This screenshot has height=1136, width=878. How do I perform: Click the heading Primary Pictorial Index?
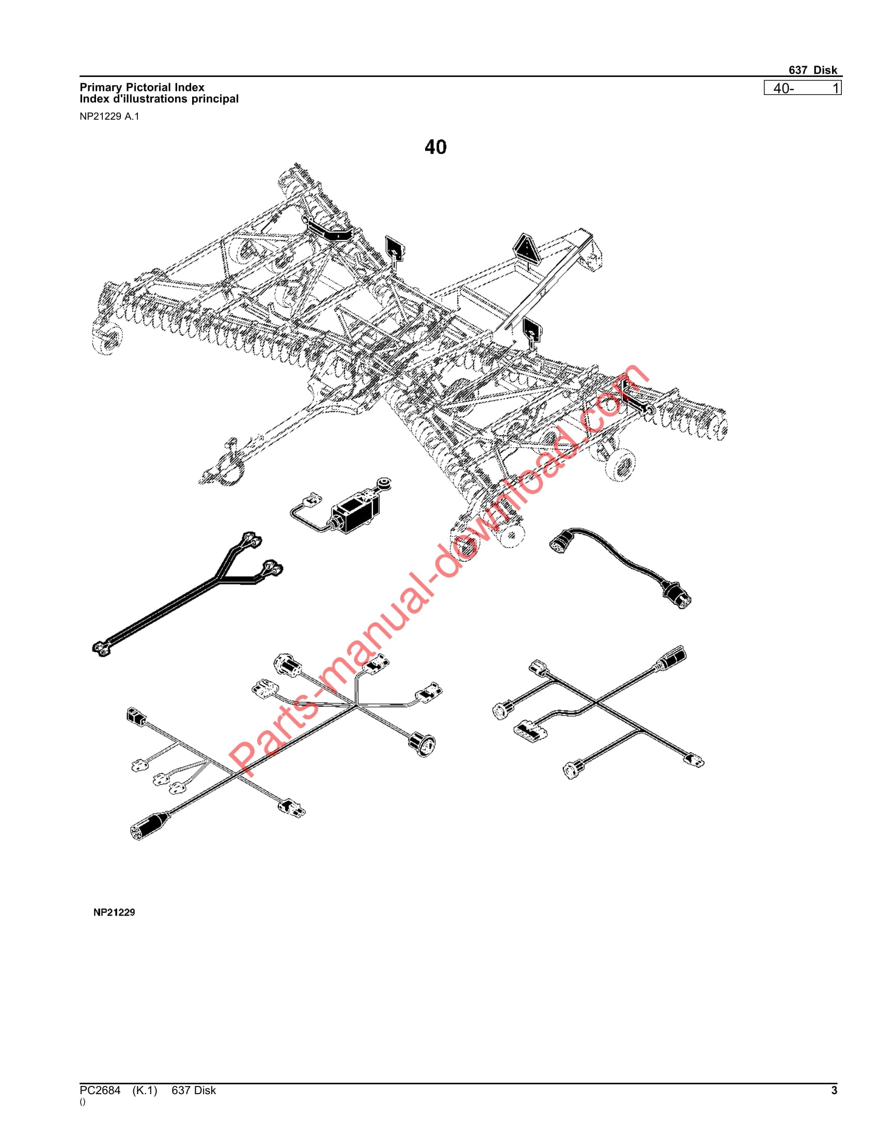click(x=142, y=87)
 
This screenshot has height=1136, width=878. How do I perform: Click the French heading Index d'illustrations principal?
click(x=159, y=99)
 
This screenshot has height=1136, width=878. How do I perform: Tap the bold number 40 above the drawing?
click(x=435, y=147)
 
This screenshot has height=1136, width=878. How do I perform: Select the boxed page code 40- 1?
click(x=802, y=88)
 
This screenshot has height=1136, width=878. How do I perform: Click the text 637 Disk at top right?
click(x=812, y=70)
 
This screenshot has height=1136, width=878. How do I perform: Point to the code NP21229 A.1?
click(x=109, y=117)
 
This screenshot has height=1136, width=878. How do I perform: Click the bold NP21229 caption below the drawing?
click(x=115, y=912)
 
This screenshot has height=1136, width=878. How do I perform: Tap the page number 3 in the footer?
click(x=834, y=1090)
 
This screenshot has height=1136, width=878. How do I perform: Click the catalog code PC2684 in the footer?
click(x=100, y=1090)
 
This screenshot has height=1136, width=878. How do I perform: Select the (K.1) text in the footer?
click(x=145, y=1090)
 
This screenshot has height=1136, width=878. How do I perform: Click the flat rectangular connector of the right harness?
click(x=530, y=731)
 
